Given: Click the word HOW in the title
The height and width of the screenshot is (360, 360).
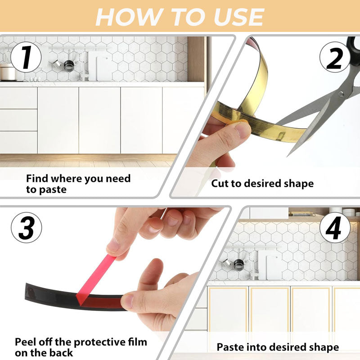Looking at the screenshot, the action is [128, 17].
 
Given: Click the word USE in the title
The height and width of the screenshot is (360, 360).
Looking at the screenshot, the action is [239, 17].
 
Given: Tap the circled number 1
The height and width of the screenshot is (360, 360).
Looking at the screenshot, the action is [26, 57].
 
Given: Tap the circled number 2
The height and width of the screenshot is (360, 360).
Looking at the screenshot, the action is [335, 58].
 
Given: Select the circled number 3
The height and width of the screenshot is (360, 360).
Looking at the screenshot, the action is [27, 228].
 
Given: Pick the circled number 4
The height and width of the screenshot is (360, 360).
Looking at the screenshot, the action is [335, 228].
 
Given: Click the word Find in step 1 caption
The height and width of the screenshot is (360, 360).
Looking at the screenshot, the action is [37, 178].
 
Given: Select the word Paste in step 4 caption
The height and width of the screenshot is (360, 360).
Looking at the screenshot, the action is [231, 347].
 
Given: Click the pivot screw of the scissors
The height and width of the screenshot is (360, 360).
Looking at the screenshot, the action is [341, 94].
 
